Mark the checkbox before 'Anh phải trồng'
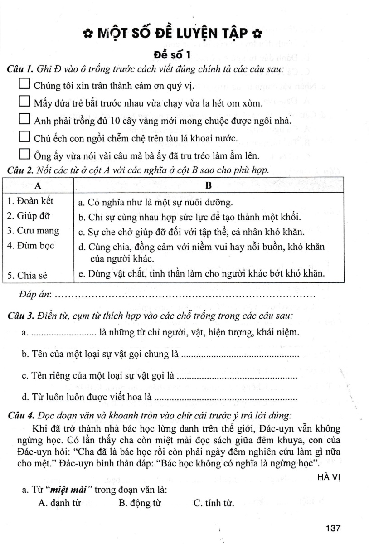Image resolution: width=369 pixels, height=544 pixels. click(24, 120)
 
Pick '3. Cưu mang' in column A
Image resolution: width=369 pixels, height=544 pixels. click(34, 230)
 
